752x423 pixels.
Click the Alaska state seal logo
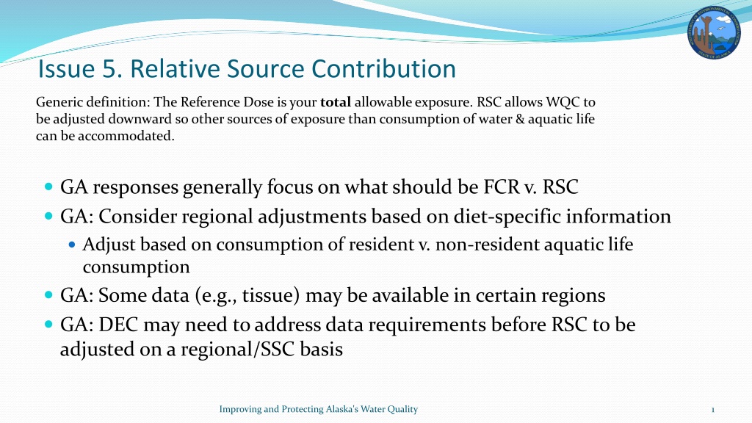click(x=714, y=32)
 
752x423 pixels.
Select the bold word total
click(x=335, y=102)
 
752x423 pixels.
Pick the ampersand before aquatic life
click(x=520, y=119)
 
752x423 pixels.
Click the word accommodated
click(x=126, y=136)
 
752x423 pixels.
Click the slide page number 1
click(x=712, y=410)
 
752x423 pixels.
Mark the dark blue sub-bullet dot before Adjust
click(x=72, y=245)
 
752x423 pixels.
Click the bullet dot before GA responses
click(x=48, y=186)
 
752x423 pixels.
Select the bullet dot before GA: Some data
click(x=48, y=294)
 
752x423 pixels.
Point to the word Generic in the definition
click(x=54, y=102)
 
